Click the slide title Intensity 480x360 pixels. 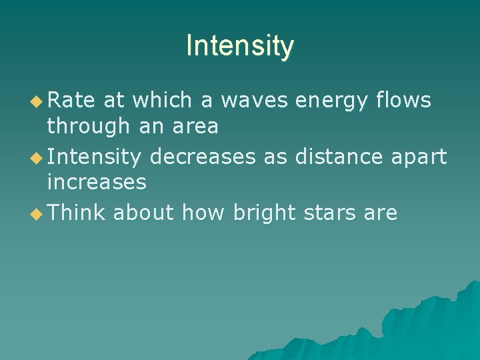[x=240, y=46]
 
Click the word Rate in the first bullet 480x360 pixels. [x=71, y=101]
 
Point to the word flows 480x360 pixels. [x=403, y=101]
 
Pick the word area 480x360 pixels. [x=197, y=126]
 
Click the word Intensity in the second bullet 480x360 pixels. [x=94, y=157]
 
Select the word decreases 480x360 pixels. [x=203, y=157]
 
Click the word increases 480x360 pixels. [x=97, y=181]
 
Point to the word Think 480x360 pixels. [x=77, y=213]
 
